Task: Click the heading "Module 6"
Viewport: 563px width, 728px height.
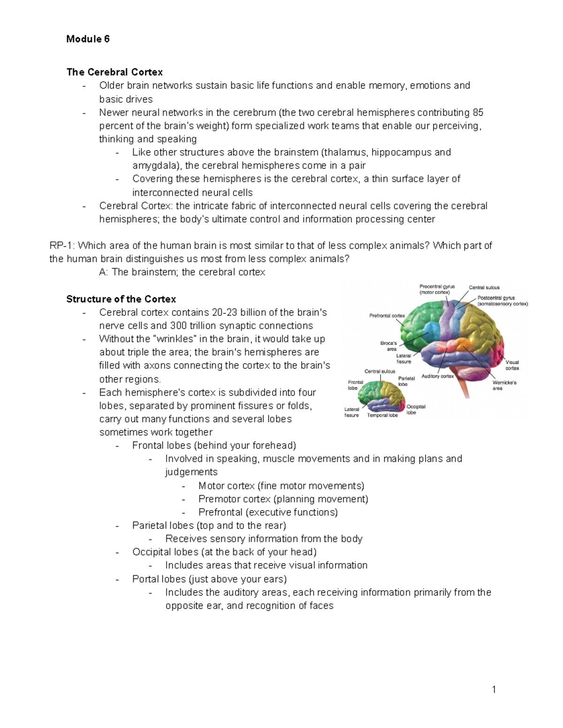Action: pos(88,39)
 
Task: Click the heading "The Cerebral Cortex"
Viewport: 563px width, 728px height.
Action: pos(114,72)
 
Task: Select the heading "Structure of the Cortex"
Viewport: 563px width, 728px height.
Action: pos(121,299)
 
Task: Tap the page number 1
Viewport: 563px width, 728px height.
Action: pos(494,689)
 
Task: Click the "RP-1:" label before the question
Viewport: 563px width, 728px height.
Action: pos(62,246)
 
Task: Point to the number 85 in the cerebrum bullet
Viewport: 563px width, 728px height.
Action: pos(478,113)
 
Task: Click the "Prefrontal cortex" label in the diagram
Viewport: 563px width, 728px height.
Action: pos(387,316)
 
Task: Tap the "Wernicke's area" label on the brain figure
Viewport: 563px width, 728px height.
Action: pos(504,385)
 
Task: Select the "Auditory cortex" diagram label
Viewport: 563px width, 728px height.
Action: pos(437,376)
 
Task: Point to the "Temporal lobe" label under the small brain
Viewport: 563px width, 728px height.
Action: pos(382,415)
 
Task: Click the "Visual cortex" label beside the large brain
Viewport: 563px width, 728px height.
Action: pos(512,365)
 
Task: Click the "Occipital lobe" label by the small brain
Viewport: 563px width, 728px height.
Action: pos(416,409)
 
